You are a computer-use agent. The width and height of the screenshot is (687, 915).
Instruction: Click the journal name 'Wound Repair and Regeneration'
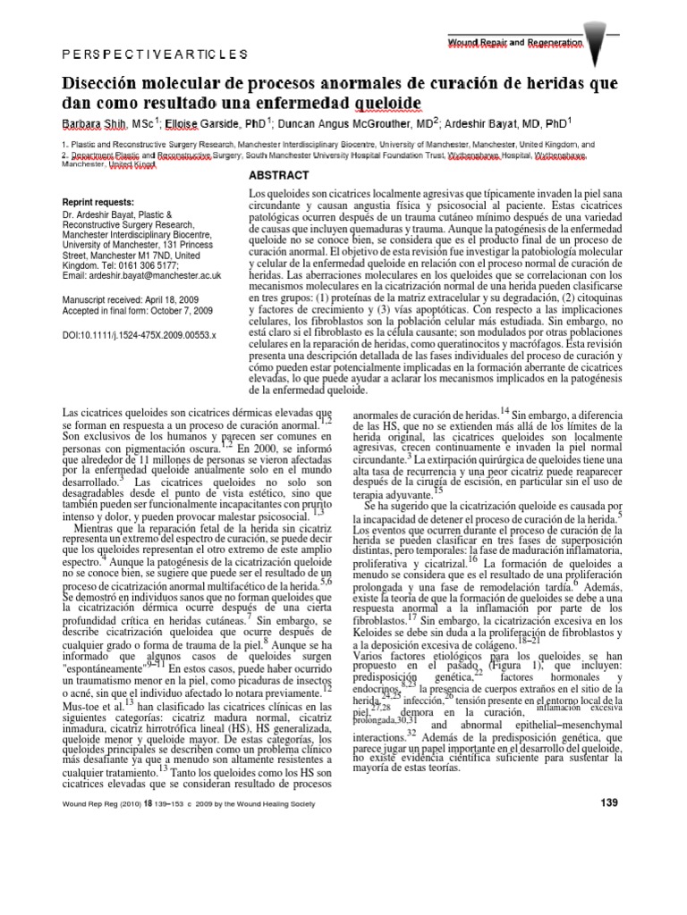514,42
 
